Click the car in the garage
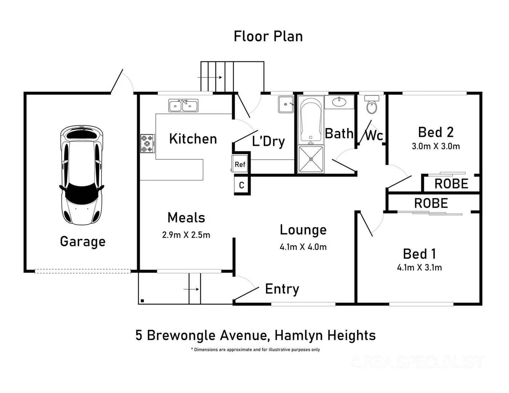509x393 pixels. [82, 175]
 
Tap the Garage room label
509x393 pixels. [83, 242]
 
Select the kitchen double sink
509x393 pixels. [183, 106]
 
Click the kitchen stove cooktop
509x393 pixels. [147, 143]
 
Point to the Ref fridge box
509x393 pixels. [240, 164]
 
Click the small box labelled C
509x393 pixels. [242, 186]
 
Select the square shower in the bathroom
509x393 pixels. [310, 159]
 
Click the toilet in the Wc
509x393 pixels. [371, 105]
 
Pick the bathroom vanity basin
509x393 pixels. [339, 102]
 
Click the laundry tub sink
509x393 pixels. [286, 104]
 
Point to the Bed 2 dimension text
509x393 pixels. [436, 146]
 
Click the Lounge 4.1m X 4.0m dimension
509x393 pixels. [303, 247]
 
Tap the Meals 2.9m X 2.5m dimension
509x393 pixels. [186, 235]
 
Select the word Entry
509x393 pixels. [282, 289]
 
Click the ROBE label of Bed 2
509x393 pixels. [451, 184]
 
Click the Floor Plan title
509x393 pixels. [268, 36]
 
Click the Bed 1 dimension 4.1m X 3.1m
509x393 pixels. [419, 268]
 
